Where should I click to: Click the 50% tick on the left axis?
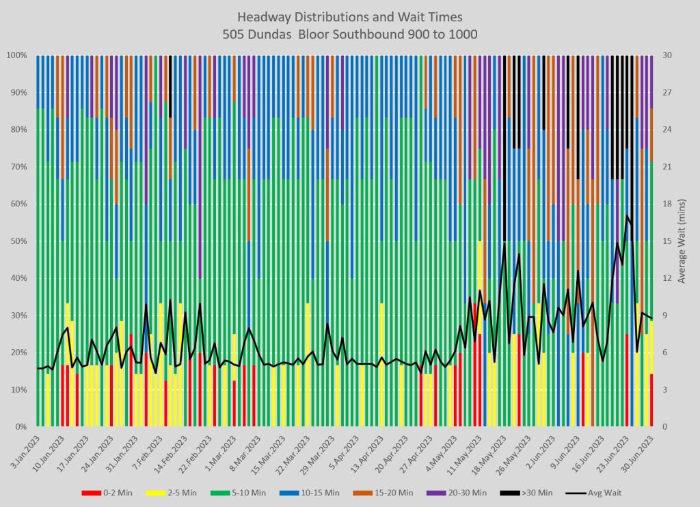click(17, 241)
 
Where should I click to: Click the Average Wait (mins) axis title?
click(682, 241)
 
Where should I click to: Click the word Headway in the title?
click(261, 16)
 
